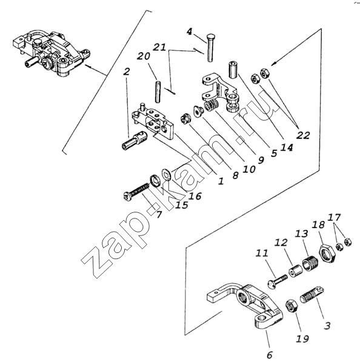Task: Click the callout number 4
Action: pyautogui.click(x=190, y=32)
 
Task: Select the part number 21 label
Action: pyautogui.click(x=159, y=47)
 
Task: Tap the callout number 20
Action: pyautogui.click(x=144, y=56)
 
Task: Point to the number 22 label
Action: pyautogui.click(x=303, y=135)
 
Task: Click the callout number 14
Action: pyautogui.click(x=287, y=147)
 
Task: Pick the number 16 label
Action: pyautogui.click(x=195, y=196)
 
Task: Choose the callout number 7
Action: pyautogui.click(x=158, y=214)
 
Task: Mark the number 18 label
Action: pyautogui.click(x=318, y=224)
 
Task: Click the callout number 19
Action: pyautogui.click(x=302, y=339)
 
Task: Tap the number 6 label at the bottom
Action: pyautogui.click(x=270, y=355)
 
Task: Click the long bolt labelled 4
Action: pyautogui.click(x=210, y=47)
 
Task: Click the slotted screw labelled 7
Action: pyautogui.click(x=136, y=192)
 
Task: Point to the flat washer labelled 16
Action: pyautogui.click(x=166, y=174)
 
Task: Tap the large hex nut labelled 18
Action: pyautogui.click(x=327, y=254)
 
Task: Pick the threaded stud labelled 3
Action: pyautogui.click(x=312, y=294)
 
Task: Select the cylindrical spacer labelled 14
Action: pyautogui.click(x=232, y=70)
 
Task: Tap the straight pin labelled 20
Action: pyautogui.click(x=158, y=92)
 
